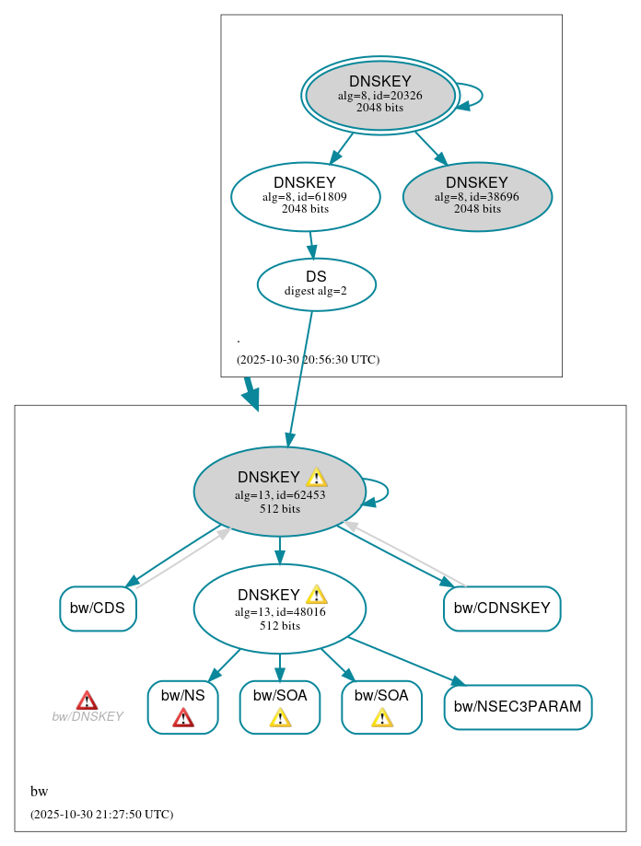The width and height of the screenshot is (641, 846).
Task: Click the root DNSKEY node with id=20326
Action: point(379,95)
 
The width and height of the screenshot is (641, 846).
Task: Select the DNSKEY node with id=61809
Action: point(305,196)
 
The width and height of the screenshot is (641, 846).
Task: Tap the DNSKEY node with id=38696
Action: point(477,196)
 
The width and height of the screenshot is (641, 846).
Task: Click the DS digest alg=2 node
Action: point(316,284)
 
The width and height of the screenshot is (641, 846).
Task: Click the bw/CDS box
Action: point(98,608)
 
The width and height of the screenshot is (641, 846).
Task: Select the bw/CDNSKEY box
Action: point(502,608)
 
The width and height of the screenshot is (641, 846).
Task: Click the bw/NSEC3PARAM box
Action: point(518,707)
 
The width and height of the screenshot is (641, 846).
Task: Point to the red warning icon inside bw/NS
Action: point(183,718)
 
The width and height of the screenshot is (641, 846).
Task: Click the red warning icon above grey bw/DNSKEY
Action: point(87,701)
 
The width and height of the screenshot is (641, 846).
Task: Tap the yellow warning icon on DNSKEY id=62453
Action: point(316,477)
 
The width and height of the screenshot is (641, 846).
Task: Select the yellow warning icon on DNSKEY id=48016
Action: point(316,595)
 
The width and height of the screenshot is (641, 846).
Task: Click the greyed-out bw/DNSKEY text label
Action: point(87,717)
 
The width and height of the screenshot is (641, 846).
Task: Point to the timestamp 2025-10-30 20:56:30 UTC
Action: point(308,360)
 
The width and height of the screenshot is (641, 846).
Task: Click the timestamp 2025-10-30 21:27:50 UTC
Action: point(101,815)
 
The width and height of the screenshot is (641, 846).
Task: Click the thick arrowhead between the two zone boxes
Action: point(251,398)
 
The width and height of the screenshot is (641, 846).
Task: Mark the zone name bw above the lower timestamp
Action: point(39,792)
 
